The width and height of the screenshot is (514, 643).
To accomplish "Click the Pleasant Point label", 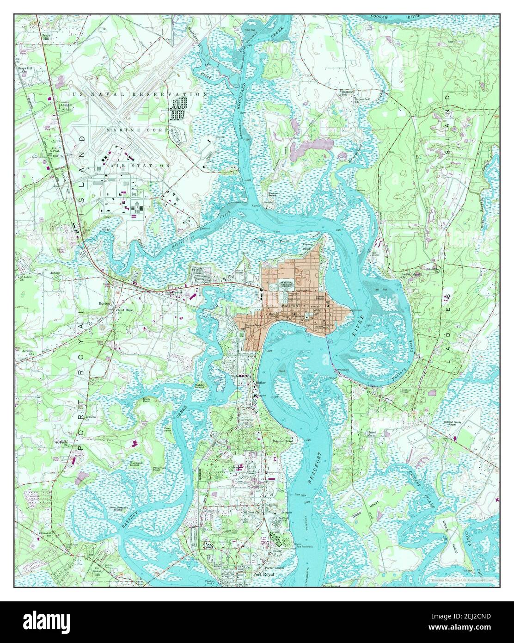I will (x=272, y=196).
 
